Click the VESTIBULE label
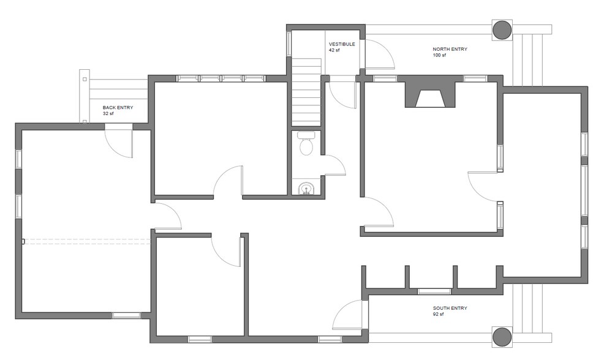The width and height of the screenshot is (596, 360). [342, 44]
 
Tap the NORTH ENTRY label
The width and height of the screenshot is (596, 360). [450, 49]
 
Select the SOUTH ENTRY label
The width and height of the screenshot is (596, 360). [450, 308]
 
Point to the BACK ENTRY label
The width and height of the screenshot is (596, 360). [118, 108]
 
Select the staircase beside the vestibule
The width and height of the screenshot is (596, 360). [306, 92]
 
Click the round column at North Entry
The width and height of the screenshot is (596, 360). [502, 29]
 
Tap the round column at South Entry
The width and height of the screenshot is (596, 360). [502, 336]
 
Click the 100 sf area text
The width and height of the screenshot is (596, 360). [439, 55]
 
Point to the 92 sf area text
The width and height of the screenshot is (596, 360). [439, 314]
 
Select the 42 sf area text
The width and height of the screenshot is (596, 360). [334, 50]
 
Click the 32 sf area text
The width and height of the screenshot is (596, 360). [108, 114]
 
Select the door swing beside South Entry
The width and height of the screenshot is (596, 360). [347, 316]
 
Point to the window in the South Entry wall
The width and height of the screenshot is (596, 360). [434, 291]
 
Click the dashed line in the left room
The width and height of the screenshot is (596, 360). [86, 241]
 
